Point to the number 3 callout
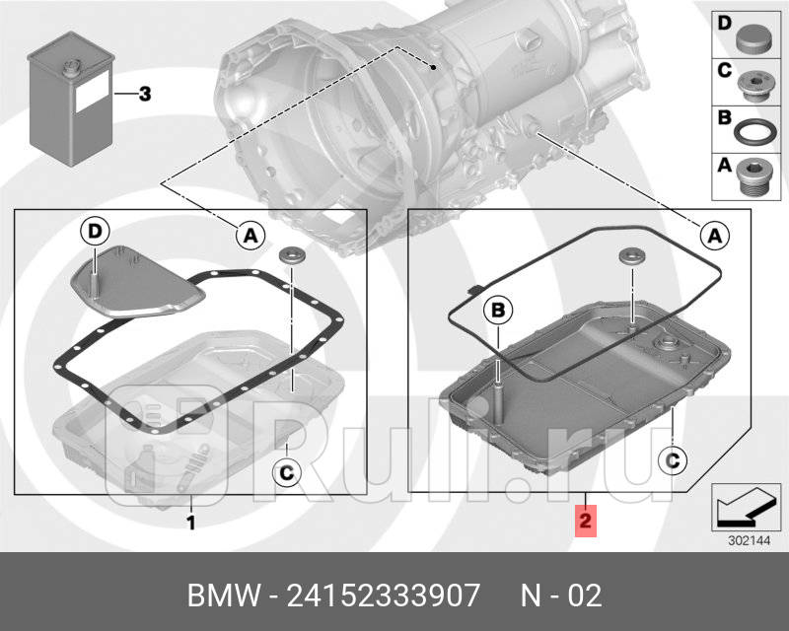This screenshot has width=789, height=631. (x=144, y=95)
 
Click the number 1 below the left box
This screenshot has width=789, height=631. (x=191, y=522)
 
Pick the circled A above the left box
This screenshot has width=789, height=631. (x=250, y=235)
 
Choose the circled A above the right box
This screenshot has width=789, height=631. (x=715, y=235)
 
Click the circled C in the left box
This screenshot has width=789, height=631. (x=285, y=474)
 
